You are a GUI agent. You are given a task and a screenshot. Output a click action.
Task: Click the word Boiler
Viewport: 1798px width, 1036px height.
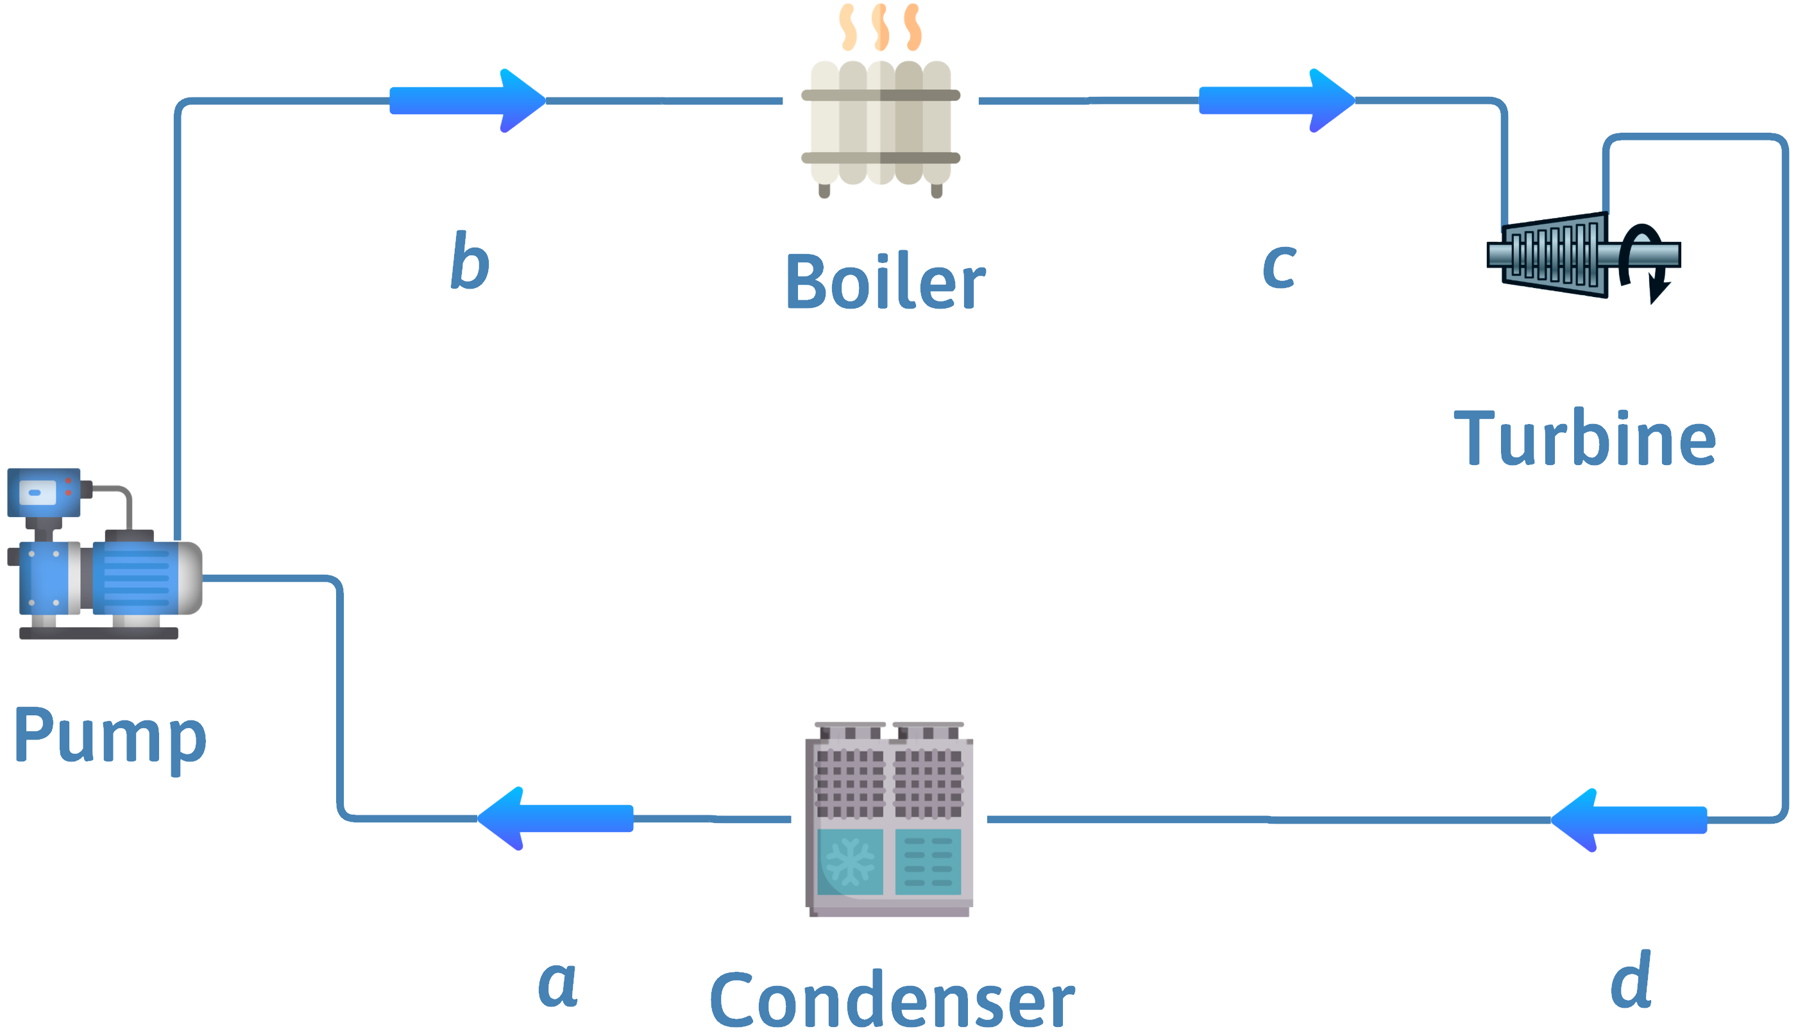885,282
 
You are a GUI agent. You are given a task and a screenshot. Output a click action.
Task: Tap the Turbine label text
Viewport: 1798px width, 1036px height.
1585,438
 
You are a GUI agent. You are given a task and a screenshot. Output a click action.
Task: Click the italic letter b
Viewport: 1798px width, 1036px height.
470,261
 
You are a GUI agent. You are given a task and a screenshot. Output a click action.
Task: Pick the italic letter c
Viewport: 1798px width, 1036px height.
1278,266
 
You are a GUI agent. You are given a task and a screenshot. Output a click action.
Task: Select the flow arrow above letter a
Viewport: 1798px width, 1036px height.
555,819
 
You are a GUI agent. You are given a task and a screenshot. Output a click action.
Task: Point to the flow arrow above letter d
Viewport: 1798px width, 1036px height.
1629,820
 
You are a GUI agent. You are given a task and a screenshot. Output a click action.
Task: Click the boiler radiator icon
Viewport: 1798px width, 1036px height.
881,124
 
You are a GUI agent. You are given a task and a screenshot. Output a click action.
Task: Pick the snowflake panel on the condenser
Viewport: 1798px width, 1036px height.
851,861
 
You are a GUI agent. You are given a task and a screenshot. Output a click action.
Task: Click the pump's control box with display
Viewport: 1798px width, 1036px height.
43,491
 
